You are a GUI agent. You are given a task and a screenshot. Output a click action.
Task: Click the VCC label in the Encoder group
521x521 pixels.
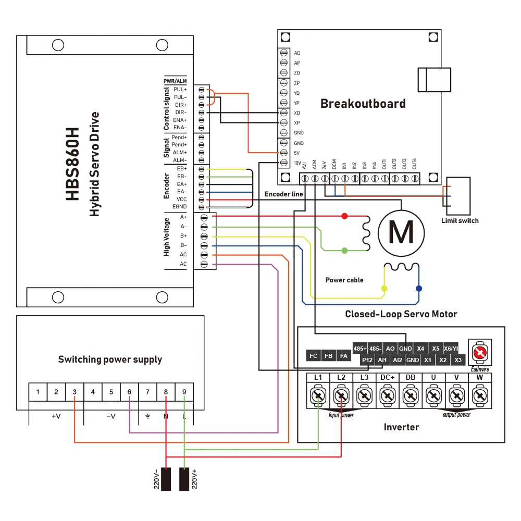click(x=181, y=200)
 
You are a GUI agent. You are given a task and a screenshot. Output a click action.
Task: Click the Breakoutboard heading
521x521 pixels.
click(x=363, y=103)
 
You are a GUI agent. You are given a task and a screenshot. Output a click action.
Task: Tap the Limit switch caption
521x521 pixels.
click(x=460, y=220)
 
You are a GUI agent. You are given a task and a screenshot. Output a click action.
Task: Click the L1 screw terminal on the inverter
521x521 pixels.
click(x=318, y=396)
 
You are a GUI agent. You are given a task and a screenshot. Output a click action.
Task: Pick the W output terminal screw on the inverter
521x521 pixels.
click(x=479, y=396)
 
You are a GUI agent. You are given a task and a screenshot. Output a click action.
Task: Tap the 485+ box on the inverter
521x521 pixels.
click(x=359, y=348)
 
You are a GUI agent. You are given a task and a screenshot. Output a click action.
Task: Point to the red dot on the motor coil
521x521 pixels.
click(x=344, y=216)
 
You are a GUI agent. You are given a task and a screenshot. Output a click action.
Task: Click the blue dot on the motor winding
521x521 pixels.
click(x=418, y=288)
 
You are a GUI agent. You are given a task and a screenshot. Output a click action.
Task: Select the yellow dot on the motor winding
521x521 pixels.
click(x=384, y=288)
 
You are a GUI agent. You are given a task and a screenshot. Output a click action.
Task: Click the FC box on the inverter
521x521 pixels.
click(x=313, y=356)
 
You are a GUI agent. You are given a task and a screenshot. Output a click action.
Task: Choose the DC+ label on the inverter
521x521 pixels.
click(x=386, y=377)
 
